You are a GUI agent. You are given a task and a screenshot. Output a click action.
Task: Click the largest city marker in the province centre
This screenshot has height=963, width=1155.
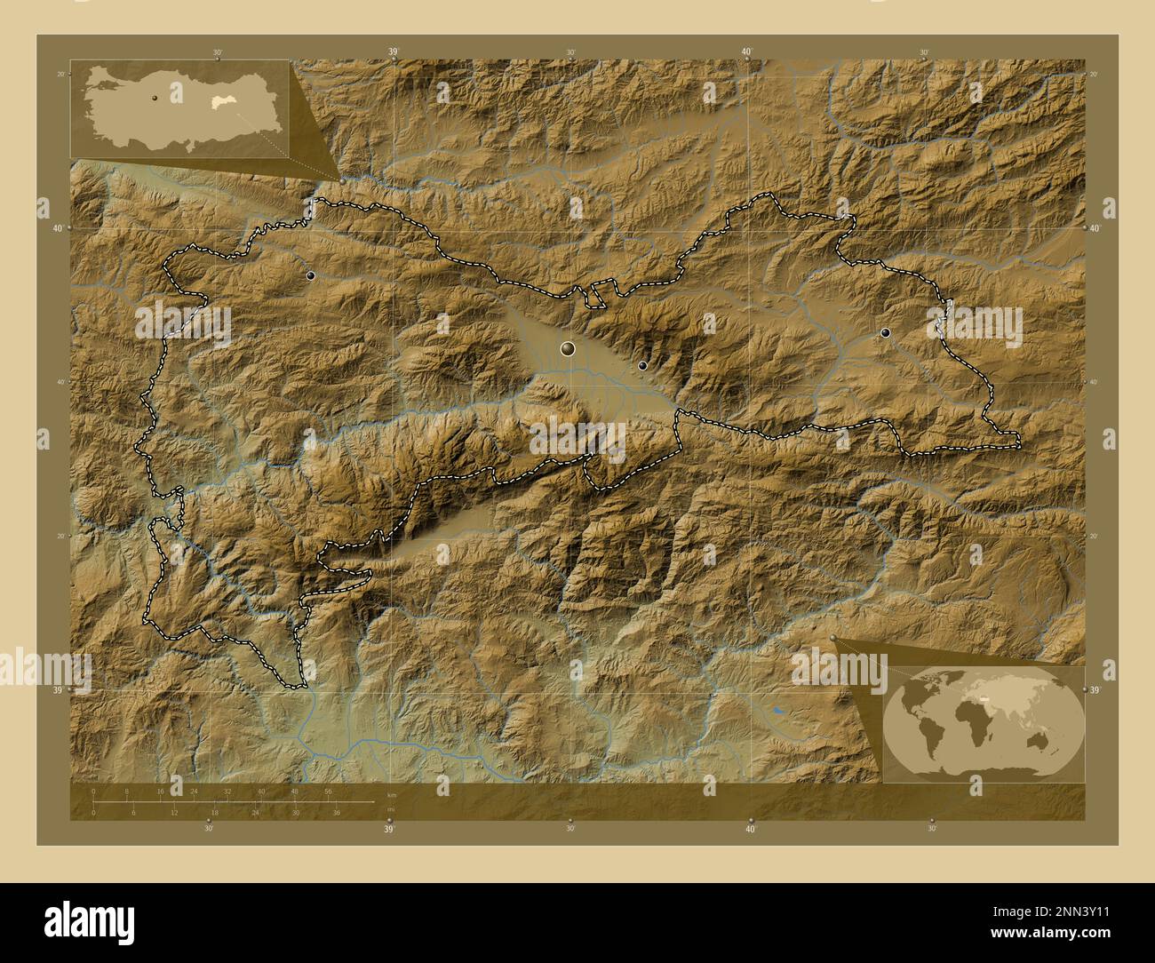point(568,349)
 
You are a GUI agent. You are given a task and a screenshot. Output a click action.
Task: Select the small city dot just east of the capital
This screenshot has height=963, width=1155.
point(642,365)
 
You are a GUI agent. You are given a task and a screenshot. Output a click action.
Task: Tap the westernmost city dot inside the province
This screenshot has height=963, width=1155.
point(310,276)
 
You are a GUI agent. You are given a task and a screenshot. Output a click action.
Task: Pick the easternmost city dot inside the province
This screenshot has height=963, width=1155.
point(885,332)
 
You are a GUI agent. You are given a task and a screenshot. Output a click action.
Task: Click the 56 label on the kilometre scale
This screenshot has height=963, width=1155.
point(328,791)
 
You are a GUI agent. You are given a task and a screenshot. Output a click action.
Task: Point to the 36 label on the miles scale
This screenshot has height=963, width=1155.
point(336,812)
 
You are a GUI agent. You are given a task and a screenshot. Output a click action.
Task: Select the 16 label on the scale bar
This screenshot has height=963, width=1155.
point(161,791)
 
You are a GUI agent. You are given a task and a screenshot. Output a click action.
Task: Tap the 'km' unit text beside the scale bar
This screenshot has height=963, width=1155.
point(391,794)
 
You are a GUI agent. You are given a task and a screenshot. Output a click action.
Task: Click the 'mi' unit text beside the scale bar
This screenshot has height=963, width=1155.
point(389,809)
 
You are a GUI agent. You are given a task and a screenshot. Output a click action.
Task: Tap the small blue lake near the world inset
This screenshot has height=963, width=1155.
point(778,711)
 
